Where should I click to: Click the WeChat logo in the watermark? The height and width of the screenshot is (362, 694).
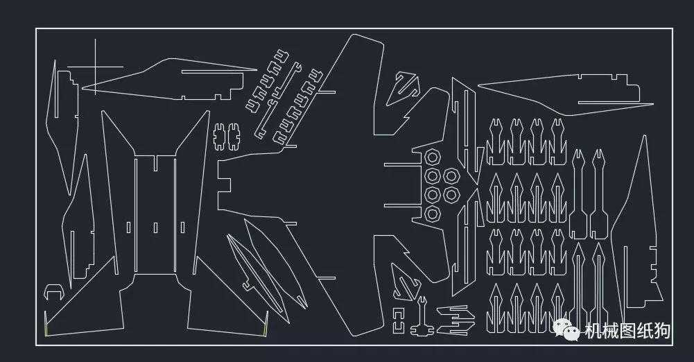[x=566, y=329]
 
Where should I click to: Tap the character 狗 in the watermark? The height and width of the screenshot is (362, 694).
[x=661, y=331]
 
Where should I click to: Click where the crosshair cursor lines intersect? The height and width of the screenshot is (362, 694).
[x=95, y=67]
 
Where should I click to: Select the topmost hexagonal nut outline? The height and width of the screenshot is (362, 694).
[x=433, y=157]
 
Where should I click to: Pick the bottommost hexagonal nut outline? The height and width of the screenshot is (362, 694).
[x=433, y=214]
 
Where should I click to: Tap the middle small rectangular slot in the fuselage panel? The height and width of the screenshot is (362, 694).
[x=155, y=227]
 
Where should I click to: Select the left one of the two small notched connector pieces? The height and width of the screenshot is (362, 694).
[x=219, y=137]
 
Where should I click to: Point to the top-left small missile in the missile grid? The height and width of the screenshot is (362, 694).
[x=496, y=141]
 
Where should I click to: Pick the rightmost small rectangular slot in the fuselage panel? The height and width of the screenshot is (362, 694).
[x=182, y=227]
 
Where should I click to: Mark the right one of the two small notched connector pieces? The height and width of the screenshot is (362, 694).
[x=233, y=137]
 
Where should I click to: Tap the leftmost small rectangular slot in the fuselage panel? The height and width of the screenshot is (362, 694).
[x=128, y=227]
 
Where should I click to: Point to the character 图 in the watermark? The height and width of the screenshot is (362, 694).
[x=627, y=331]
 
